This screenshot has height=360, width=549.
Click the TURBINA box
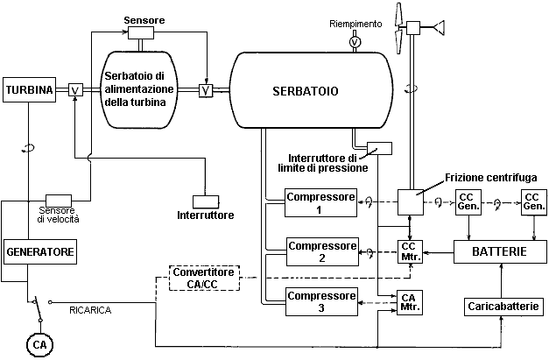(30, 89)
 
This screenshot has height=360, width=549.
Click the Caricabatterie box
(503, 307)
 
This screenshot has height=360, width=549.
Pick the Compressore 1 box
(322, 202)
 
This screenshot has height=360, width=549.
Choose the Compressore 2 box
(322, 252)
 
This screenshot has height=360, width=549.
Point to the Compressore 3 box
(322, 303)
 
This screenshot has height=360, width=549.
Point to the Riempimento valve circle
(355, 41)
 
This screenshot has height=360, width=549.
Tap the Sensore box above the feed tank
(140, 32)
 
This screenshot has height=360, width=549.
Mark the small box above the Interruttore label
(204, 201)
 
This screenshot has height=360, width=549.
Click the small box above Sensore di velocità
(59, 201)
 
